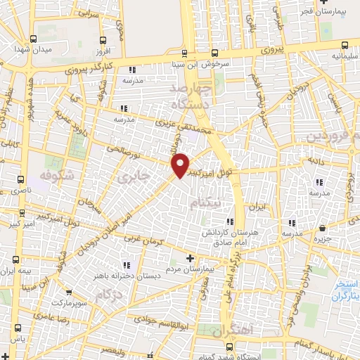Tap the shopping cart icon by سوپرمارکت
[68, 292]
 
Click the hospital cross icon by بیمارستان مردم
[190, 259]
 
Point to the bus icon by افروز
[104, 40]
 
